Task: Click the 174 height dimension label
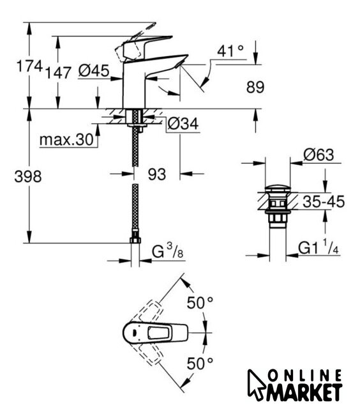tap(29, 66)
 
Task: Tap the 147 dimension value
tap(58, 73)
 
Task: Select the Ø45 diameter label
tap(94, 71)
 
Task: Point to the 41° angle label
tap(231, 51)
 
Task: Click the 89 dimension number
tap(255, 87)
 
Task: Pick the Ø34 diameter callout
tap(183, 123)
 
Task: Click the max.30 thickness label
tap(66, 140)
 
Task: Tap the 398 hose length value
tap(28, 176)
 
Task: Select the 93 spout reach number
tap(157, 174)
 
